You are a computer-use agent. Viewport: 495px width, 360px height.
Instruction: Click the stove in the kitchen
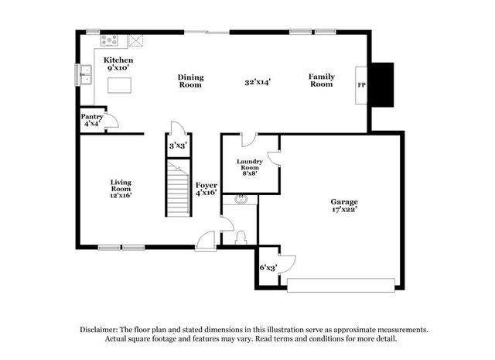coord(109,40)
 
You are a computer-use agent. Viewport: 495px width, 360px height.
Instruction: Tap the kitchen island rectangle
coord(119,85)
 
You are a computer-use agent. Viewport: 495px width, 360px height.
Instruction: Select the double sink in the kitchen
coord(86,75)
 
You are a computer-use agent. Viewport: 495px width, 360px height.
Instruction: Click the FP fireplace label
coord(361,85)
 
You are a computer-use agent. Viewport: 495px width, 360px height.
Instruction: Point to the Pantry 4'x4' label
coord(92,120)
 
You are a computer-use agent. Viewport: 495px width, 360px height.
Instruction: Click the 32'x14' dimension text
coord(258,82)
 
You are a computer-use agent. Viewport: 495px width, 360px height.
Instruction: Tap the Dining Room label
coord(190,81)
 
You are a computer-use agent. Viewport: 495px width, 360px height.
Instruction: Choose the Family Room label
coord(322,81)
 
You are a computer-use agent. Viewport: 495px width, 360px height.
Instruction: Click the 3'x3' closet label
coord(179,146)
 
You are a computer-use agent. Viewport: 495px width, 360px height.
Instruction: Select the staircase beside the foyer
coord(179,188)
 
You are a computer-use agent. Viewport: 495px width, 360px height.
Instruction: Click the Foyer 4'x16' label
coord(207,189)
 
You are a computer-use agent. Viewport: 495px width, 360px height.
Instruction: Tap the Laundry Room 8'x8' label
coord(249,167)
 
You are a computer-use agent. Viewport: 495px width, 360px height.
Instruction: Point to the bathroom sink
coord(241,200)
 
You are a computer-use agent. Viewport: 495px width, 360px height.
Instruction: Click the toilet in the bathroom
coord(241,238)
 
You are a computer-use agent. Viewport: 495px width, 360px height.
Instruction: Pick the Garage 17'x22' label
coord(344,205)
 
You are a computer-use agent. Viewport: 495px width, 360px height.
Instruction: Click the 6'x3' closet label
coord(268,268)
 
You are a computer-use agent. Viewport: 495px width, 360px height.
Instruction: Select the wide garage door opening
coord(341,285)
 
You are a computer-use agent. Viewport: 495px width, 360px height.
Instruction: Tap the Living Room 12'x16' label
coord(121,189)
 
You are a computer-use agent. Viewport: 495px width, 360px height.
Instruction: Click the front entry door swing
coord(206,241)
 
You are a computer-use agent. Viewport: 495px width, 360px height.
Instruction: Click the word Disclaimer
coord(99,330)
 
